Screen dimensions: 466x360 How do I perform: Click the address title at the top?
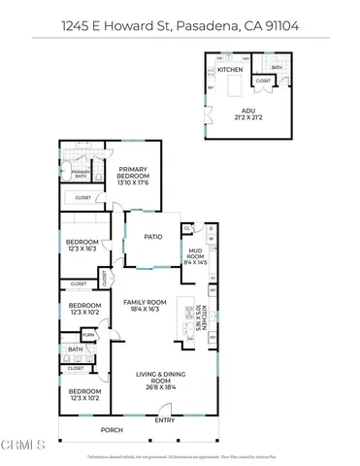[180, 22]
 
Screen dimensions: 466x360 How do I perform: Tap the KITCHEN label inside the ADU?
[229, 71]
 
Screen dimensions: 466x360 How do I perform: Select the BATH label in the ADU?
[277, 67]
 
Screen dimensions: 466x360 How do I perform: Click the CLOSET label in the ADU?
[263, 81]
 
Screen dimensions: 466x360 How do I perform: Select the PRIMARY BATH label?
[82, 175]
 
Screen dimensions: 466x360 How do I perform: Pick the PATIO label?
[152, 235]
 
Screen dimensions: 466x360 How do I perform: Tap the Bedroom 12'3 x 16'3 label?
[82, 246]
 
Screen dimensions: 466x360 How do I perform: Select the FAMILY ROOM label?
[146, 306]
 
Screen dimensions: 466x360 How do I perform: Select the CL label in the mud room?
[187, 228]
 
